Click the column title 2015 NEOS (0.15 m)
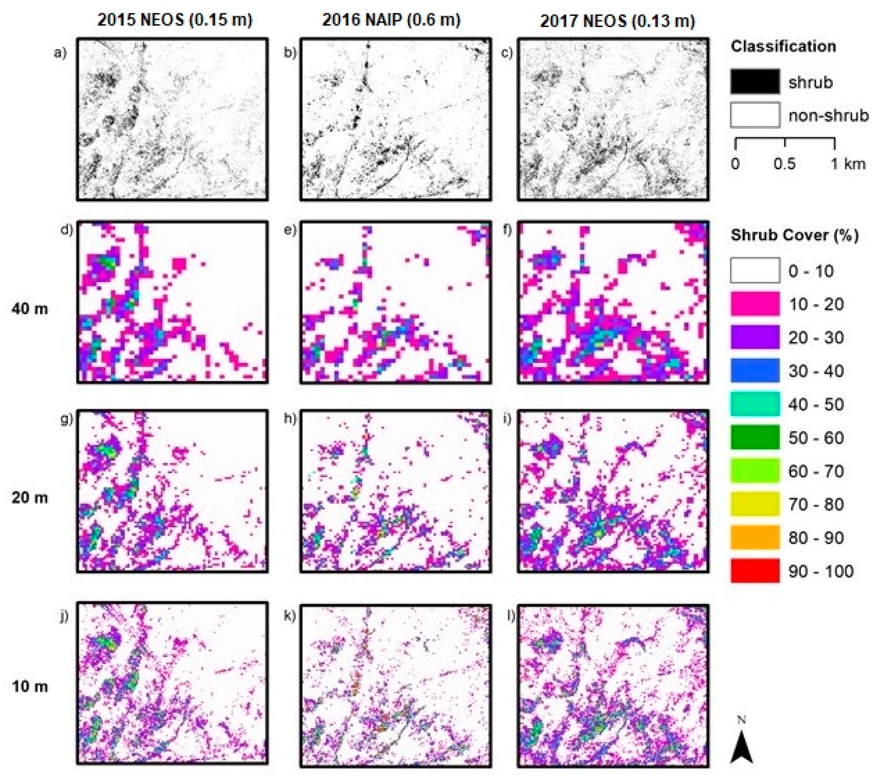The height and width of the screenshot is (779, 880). point(175,20)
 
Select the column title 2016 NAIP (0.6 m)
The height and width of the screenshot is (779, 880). point(391,20)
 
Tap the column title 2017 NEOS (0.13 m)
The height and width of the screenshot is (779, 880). point(617,21)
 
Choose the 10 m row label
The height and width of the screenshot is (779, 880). point(30,686)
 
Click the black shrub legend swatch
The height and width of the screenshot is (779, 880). point(755,81)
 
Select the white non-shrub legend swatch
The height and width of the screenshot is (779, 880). point(755,115)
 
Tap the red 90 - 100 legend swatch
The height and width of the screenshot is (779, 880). point(755,570)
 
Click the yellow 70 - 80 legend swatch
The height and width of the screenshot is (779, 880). point(755,504)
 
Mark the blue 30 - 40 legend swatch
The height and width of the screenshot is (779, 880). point(755,370)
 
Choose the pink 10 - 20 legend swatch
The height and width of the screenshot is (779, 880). point(755,304)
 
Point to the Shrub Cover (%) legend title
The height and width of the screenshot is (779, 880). point(794,235)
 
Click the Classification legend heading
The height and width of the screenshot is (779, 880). point(783,47)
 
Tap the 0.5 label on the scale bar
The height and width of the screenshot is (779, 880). point(784,164)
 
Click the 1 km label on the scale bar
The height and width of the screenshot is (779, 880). point(847,164)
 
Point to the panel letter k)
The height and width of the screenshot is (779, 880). point(290,616)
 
